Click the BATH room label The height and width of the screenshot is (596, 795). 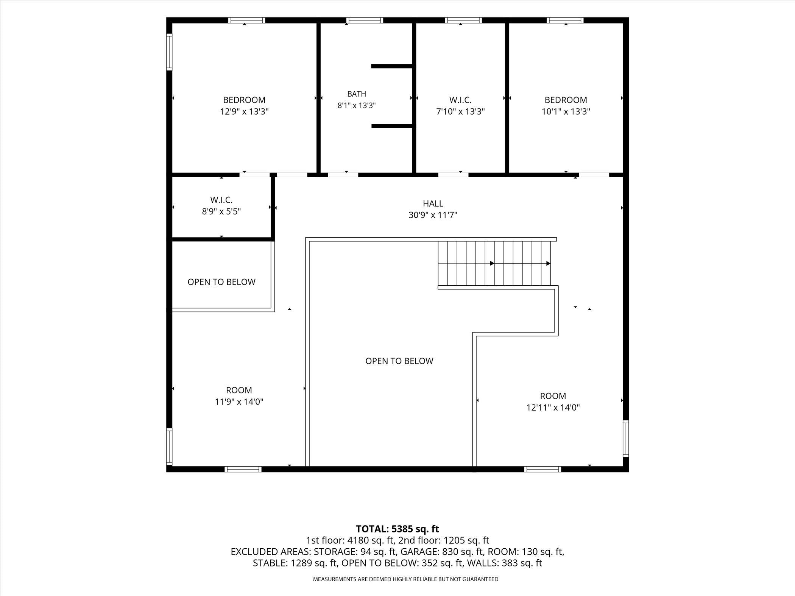(357, 94)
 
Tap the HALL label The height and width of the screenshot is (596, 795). (433, 204)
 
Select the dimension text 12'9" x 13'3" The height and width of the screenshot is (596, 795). (245, 112)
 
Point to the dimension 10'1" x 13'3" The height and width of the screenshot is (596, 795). (566, 112)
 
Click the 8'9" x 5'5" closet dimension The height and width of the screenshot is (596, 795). (221, 211)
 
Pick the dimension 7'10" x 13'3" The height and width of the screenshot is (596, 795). (460, 112)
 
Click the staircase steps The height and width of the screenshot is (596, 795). (494, 263)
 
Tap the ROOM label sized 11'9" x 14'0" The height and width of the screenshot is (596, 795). (239, 390)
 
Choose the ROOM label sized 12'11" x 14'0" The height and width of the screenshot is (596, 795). (553, 396)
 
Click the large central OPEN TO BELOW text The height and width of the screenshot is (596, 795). (399, 361)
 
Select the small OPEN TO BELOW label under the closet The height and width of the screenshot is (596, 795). (221, 282)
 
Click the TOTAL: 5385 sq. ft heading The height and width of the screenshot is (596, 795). (397, 529)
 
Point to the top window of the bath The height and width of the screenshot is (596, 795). (365, 20)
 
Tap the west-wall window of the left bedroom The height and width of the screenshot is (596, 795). (169, 52)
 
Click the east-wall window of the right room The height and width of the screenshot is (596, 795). (626, 439)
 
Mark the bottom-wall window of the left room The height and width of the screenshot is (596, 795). (243, 469)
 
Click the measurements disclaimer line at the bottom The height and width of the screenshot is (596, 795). (405, 579)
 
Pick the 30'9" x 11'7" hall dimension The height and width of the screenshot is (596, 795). (433, 215)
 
